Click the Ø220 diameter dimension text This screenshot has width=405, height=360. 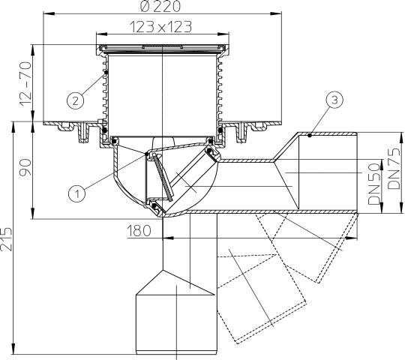coord(160,6)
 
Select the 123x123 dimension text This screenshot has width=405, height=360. coord(160,26)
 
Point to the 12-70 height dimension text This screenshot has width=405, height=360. coord(26,84)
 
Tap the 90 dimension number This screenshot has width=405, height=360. coord(25,167)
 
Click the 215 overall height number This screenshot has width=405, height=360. coord(6,239)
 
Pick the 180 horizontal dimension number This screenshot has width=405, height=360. coord(139,230)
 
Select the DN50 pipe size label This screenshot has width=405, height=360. coord(374,184)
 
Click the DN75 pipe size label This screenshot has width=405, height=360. coord(394,169)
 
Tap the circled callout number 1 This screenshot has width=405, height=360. coord(77,193)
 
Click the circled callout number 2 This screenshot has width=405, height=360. coord(75,100)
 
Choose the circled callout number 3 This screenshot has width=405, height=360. coord(334,100)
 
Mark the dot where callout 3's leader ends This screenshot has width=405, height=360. coord(310,135)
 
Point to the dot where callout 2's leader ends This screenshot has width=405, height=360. coord(106,73)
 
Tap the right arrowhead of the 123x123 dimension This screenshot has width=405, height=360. coord(223,34)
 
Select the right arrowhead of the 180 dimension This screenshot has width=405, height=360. coord(352,238)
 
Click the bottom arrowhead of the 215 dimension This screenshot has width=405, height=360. coord(13,349)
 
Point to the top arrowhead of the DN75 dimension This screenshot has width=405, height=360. coord(401,138)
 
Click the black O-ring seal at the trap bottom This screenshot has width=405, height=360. coord(154,206)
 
